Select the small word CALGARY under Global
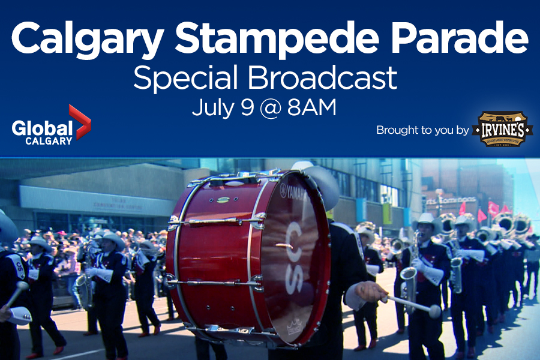point(49,141)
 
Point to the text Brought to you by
point(422,130)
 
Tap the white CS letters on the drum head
point(294,258)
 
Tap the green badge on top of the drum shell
point(223,199)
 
